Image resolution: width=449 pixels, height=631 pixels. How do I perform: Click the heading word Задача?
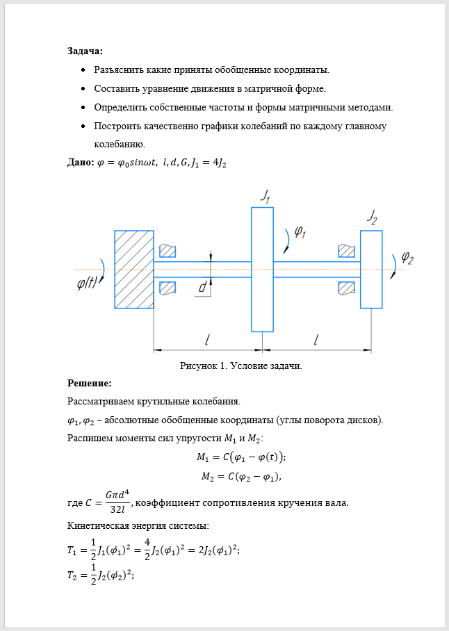pyautogui.click(x=85, y=51)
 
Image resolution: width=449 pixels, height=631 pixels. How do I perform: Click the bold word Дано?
pyautogui.click(x=81, y=163)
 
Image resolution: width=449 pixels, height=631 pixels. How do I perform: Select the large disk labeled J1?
pyautogui.click(x=262, y=269)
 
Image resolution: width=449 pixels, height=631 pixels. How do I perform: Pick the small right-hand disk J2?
pyautogui.click(x=370, y=269)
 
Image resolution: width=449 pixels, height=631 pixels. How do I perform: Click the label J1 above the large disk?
pyautogui.click(x=266, y=195)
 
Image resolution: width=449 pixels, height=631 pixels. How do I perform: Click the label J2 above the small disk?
pyautogui.click(x=373, y=217)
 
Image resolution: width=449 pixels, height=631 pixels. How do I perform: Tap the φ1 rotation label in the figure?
pyautogui.click(x=300, y=232)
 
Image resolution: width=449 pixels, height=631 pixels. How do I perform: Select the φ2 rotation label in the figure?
pyautogui.click(x=407, y=259)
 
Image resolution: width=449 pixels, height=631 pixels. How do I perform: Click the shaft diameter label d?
pyautogui.click(x=202, y=286)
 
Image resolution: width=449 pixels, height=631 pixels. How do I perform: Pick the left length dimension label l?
pyautogui.click(x=207, y=340)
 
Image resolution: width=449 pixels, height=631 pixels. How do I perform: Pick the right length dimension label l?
pyautogui.click(x=316, y=340)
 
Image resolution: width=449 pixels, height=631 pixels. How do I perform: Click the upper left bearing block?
pyautogui.click(x=168, y=250)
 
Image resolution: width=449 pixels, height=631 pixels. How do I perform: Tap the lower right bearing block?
pyautogui.click(x=345, y=287)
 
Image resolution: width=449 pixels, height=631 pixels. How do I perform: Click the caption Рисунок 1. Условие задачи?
pyautogui.click(x=240, y=366)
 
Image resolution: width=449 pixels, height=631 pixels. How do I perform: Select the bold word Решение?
pyautogui.click(x=90, y=383)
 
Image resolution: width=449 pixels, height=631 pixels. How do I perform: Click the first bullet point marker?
pyautogui.click(x=83, y=70)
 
